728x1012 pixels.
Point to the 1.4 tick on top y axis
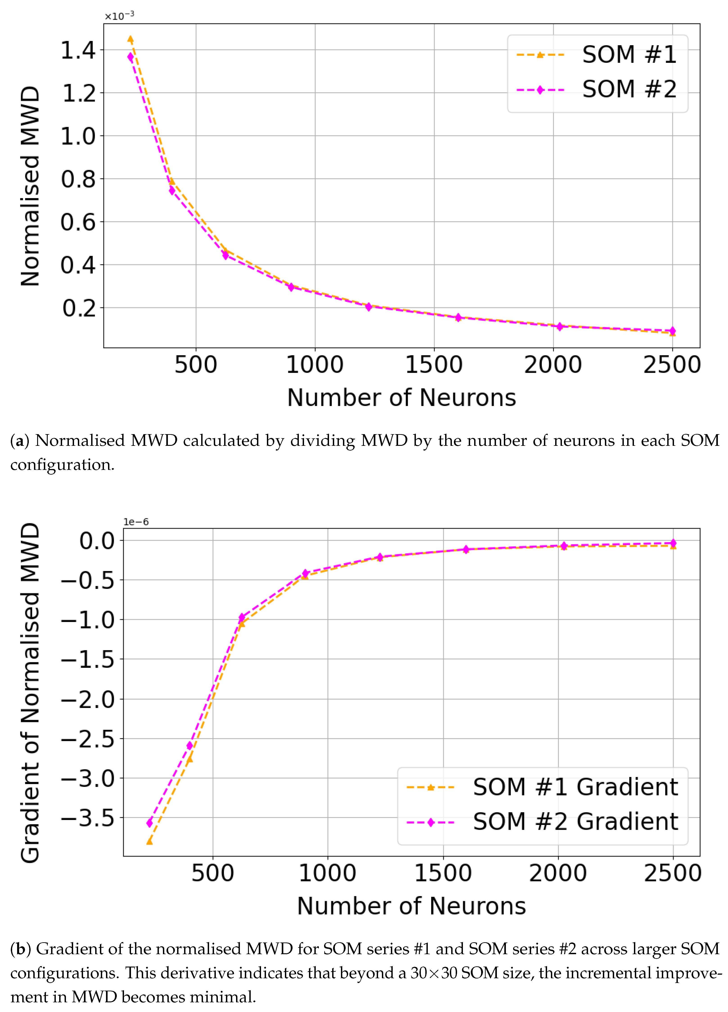pos(78,50)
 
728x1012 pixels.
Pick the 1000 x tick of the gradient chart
pos(328,873)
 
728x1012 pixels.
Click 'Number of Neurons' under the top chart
pos(401,397)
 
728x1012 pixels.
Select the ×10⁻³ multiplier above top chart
pos(119,16)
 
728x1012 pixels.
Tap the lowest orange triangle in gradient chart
pos(149,841)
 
